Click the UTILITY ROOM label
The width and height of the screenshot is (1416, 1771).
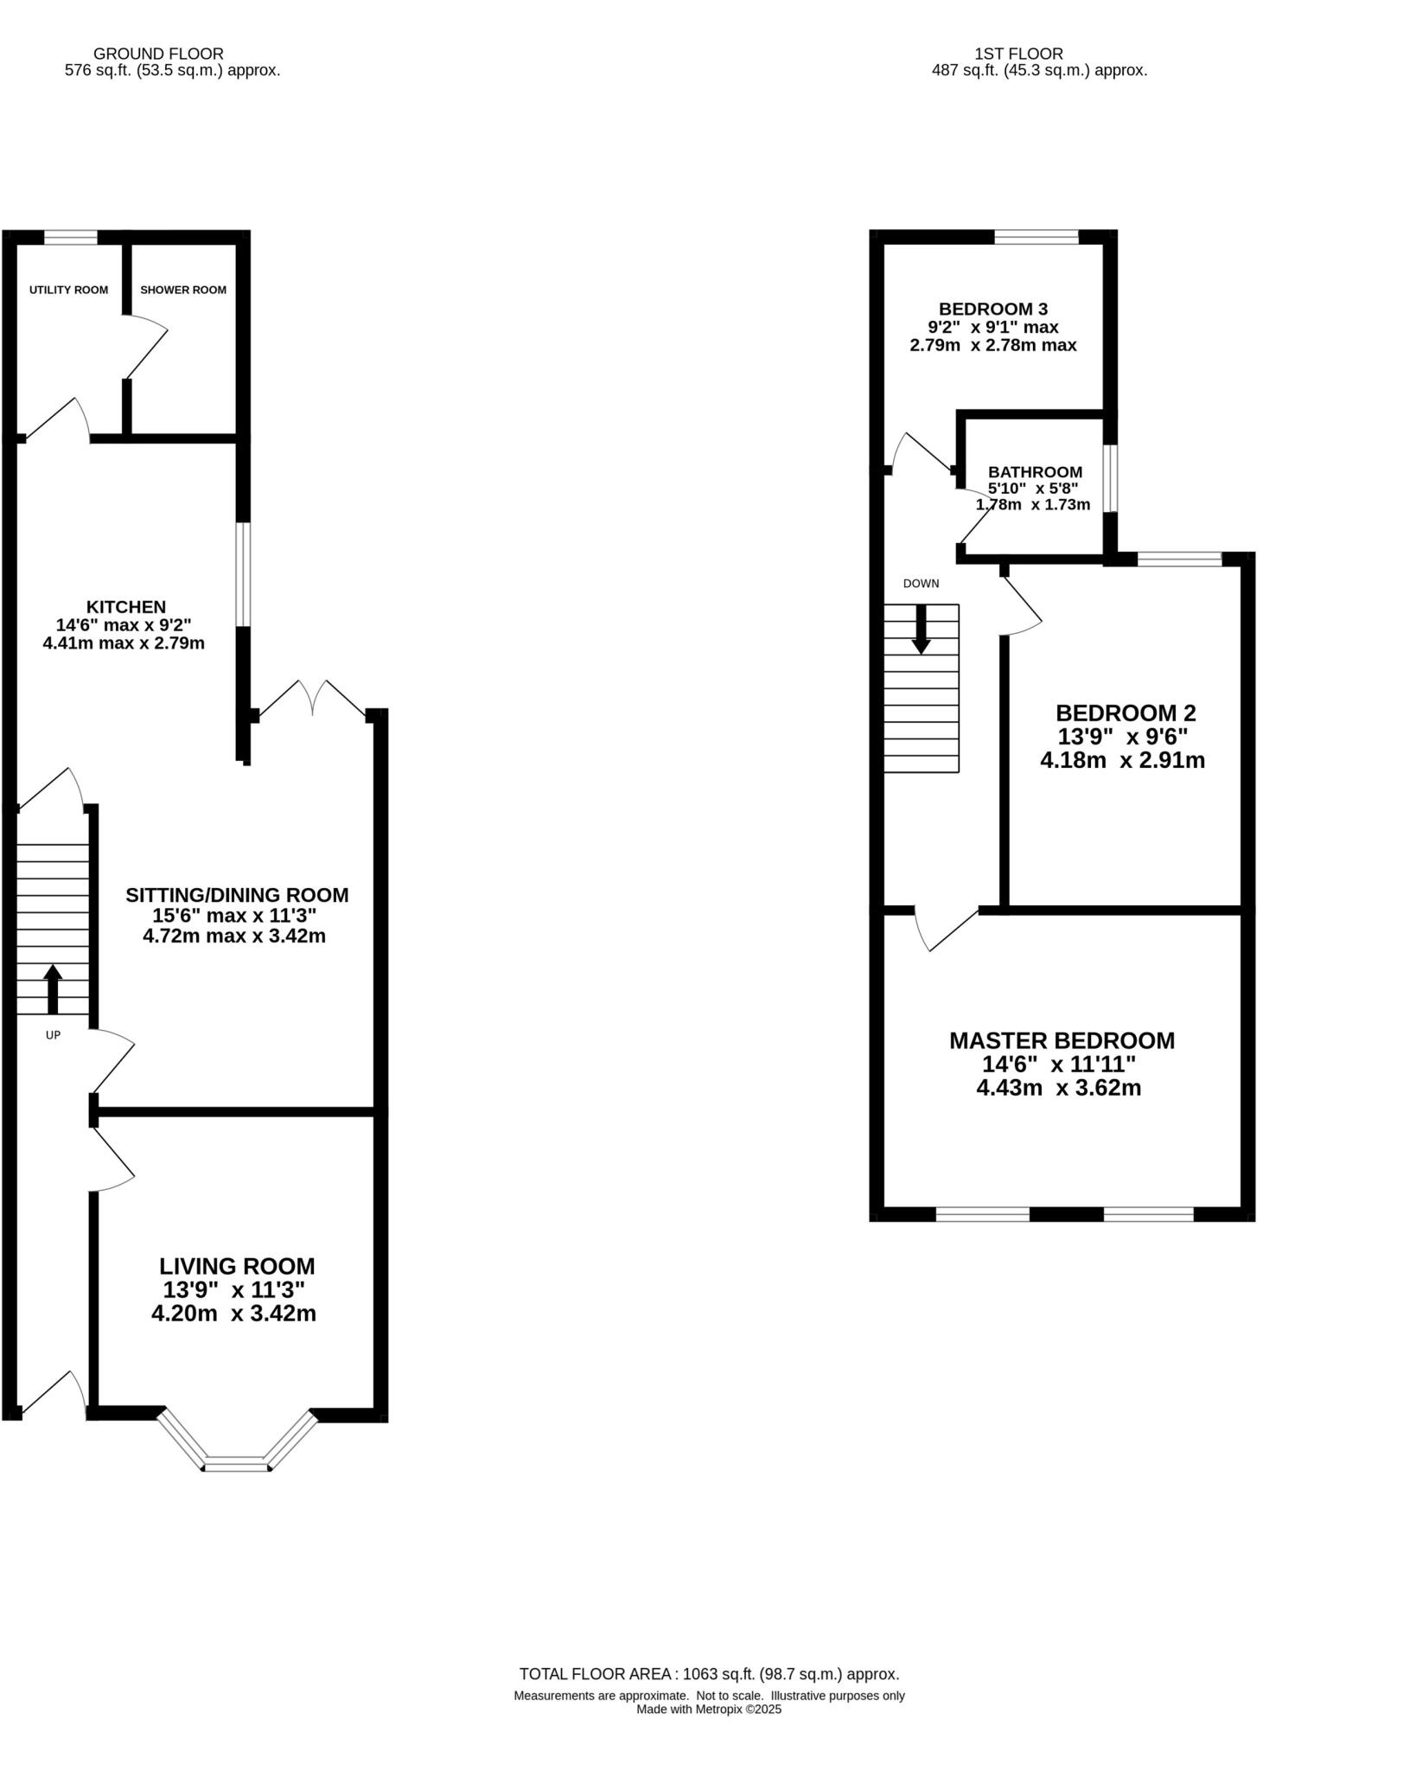[68, 290]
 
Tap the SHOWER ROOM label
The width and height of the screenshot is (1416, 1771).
[183, 290]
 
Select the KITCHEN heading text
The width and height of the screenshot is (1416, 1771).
[125, 607]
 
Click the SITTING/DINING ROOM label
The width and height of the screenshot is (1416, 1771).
[237, 895]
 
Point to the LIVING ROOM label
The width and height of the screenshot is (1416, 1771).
[237, 1266]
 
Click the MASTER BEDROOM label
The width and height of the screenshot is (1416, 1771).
[1062, 1040]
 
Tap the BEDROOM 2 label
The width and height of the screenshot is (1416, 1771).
[1126, 713]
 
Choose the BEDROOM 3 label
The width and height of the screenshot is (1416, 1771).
[993, 309]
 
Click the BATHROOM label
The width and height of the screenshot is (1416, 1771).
[1035, 472]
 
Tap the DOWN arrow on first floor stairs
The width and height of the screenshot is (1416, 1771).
[921, 630]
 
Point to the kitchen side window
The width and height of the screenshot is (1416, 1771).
[244, 573]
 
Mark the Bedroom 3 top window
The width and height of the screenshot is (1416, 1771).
[1036, 237]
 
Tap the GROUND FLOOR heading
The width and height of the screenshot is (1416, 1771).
[158, 54]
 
